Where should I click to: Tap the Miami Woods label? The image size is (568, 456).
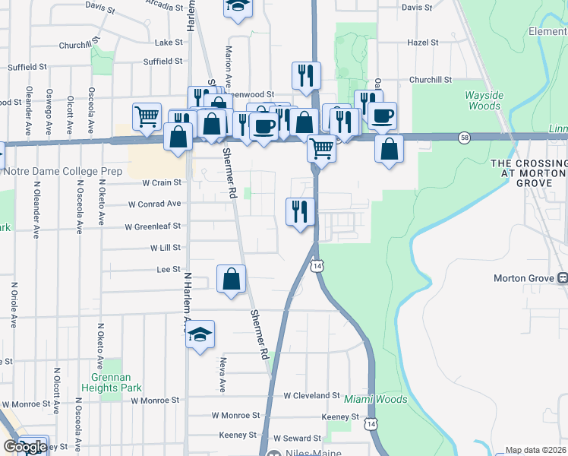(x=376, y=399)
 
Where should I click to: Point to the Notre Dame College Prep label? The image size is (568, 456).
(x=63, y=171)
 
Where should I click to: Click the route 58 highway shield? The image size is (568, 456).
(x=463, y=137)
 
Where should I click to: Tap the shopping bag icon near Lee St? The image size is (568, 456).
(x=232, y=279)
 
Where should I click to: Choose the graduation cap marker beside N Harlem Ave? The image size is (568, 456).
(x=200, y=335)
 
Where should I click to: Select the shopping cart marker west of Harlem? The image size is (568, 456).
(x=147, y=117)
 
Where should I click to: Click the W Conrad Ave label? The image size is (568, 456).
(x=155, y=204)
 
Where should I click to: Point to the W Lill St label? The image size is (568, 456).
(x=165, y=248)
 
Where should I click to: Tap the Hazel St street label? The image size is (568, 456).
(x=423, y=43)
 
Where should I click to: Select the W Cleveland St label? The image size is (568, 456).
(x=311, y=395)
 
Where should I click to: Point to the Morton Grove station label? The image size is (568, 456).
(x=525, y=278)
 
